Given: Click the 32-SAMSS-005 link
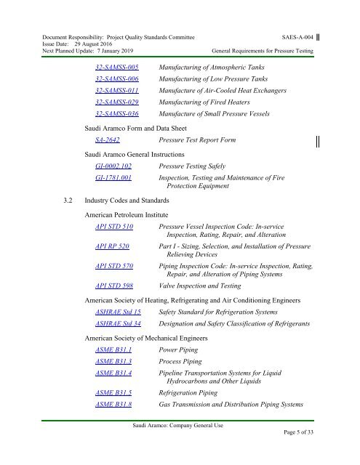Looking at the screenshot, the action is coord(117,66).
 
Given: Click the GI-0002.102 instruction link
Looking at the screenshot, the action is coord(113,166).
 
